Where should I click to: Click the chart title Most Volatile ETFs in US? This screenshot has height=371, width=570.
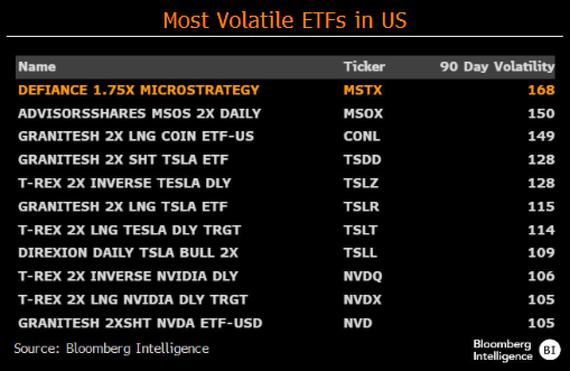point(284,21)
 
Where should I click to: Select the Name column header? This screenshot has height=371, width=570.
point(37,67)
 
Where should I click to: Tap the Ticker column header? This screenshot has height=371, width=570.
point(364,67)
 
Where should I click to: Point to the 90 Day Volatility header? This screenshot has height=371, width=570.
point(496,67)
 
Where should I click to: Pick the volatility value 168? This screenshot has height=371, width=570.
point(541,90)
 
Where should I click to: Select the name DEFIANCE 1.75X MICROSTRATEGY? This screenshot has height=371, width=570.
point(139,90)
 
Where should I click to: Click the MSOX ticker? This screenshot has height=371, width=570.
point(363,114)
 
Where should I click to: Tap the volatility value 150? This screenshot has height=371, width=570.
point(541,114)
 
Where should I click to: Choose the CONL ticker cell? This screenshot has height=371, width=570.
point(362,137)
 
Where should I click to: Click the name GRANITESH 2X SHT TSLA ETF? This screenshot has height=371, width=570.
point(123,160)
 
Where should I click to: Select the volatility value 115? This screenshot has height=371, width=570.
point(541,207)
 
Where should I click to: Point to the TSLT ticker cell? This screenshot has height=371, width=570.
point(361,230)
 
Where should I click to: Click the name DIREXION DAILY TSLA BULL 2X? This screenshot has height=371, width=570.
point(128,253)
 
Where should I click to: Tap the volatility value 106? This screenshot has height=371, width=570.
point(541,276)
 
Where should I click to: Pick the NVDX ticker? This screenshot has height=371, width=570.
point(362,300)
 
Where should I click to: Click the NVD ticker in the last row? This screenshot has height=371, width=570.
point(358,323)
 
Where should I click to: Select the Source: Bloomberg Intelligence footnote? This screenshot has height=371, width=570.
point(111,349)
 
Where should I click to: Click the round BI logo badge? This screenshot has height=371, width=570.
point(549,350)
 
